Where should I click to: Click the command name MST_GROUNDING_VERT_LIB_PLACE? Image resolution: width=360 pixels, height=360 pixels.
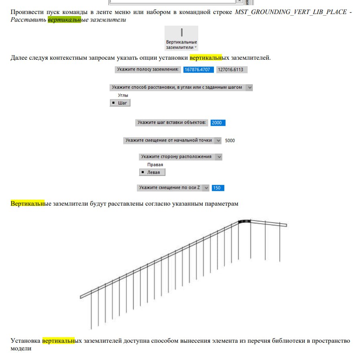click(x=291, y=12)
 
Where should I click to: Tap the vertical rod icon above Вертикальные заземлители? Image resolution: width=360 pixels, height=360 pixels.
click(x=181, y=32)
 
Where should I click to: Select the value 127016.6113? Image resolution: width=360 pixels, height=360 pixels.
click(x=231, y=69)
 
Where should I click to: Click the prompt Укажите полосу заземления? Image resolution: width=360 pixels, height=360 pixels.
click(x=147, y=69)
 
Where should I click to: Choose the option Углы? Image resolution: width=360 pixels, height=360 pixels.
click(x=123, y=95)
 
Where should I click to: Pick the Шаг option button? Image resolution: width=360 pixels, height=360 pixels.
click(x=120, y=103)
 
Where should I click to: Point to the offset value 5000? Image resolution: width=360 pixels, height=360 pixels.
click(x=230, y=141)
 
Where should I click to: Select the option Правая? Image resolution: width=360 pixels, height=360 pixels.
click(x=155, y=165)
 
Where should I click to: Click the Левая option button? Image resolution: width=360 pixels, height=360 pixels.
click(x=152, y=172)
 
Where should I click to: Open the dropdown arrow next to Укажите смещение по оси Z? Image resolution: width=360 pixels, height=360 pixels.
click(x=206, y=188)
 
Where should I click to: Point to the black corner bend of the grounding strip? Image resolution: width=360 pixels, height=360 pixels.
click(x=244, y=221)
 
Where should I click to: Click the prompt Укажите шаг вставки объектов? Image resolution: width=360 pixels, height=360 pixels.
click(x=171, y=123)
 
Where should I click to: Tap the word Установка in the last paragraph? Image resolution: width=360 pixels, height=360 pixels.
click(x=25, y=341)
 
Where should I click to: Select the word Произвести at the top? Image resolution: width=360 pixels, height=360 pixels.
click(x=26, y=12)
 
